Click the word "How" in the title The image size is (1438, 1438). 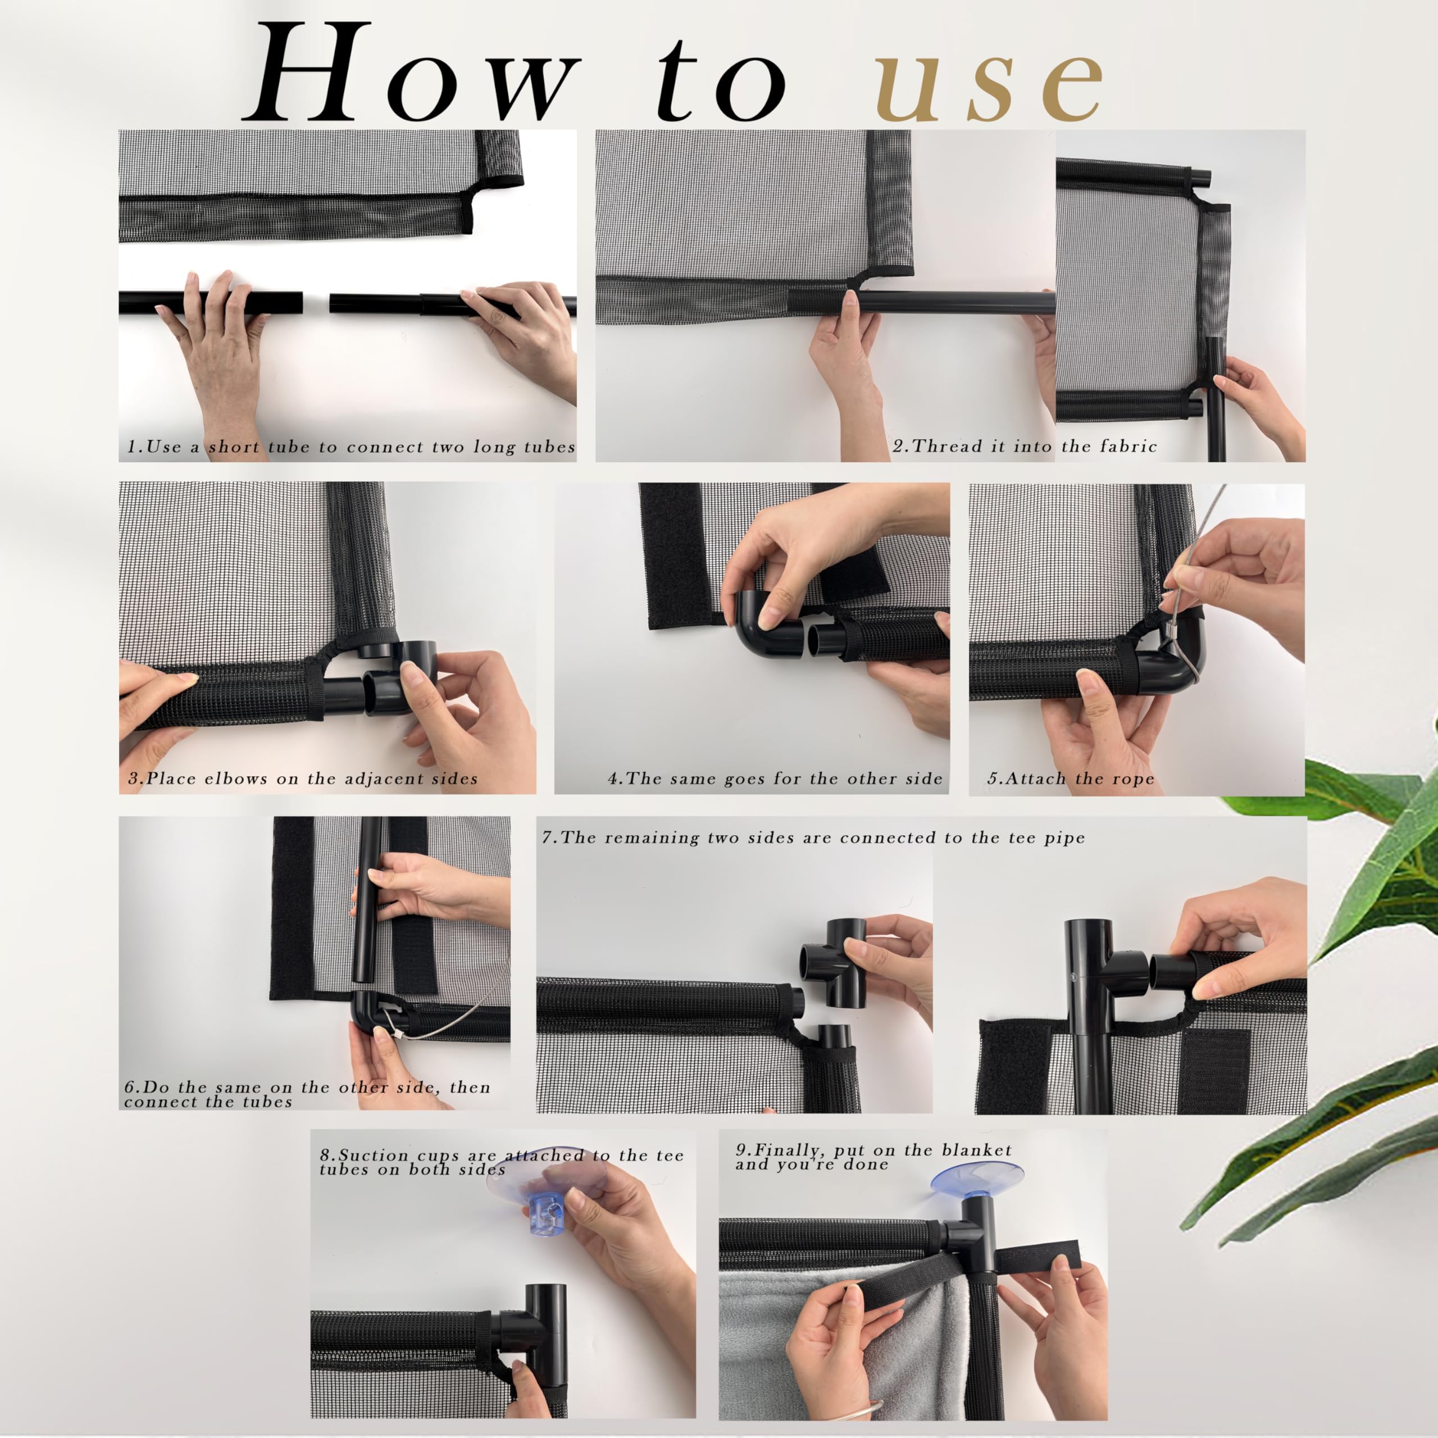[x=412, y=72]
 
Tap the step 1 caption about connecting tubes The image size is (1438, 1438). [x=351, y=447]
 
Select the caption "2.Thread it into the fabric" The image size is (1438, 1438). [x=1025, y=446]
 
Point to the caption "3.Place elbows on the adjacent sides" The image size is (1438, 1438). [x=303, y=779]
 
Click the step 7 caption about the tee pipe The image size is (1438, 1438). [x=813, y=838]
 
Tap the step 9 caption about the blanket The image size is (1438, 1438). [x=873, y=1157]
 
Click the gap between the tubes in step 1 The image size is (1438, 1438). [x=316, y=303]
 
